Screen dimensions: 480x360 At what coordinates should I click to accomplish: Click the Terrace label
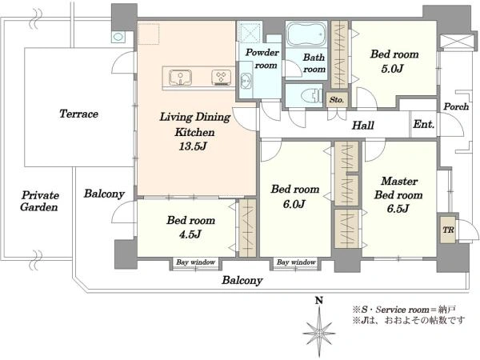point(78,114)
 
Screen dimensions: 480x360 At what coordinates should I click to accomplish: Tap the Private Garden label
point(39,201)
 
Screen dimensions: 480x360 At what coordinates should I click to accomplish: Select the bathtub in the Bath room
point(306,34)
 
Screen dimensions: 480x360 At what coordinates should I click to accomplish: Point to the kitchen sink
point(181,77)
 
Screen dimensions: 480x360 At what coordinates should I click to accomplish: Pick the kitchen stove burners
point(221,77)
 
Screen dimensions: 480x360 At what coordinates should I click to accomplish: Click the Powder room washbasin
point(246,81)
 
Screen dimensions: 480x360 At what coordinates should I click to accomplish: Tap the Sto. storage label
point(337,100)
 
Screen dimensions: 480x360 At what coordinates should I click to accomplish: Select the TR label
point(448,230)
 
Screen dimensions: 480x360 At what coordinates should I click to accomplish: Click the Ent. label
point(424,124)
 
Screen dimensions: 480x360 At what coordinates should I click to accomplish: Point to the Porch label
point(456,106)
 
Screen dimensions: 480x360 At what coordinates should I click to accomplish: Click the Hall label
point(363,126)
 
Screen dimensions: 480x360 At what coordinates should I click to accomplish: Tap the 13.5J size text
point(193,146)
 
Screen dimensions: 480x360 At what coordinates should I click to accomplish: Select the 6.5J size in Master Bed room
point(398,209)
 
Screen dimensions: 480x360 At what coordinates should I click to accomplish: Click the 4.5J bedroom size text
point(190,234)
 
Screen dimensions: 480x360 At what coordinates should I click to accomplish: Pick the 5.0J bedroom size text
point(393,68)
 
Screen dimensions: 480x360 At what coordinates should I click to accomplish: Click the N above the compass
point(319,301)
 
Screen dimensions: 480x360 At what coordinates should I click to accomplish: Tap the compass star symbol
point(319,332)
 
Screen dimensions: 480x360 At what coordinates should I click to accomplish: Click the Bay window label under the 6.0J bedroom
point(296,262)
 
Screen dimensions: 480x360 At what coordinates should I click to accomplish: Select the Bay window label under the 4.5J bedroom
point(196,262)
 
